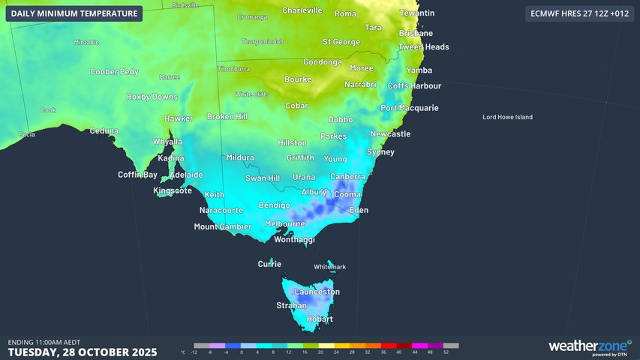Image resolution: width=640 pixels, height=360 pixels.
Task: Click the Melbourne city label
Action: (x=285, y=223)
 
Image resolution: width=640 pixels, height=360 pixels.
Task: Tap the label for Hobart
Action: (x=320, y=319)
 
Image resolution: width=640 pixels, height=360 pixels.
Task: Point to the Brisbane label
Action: (x=416, y=33)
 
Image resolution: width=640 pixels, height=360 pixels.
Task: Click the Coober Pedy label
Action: (x=114, y=72)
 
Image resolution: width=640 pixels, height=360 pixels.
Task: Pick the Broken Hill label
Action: (x=227, y=117)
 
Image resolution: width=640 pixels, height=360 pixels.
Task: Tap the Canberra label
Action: (x=347, y=177)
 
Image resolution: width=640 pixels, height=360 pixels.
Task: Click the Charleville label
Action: (x=302, y=10)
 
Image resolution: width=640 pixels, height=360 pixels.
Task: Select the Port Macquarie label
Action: (x=409, y=108)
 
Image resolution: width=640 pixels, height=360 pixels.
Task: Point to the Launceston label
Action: (x=317, y=292)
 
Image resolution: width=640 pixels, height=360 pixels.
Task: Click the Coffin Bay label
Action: (x=138, y=175)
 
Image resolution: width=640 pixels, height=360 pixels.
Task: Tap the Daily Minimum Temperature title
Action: (x=75, y=13)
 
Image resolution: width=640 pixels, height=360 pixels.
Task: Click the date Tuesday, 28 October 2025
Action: (x=83, y=352)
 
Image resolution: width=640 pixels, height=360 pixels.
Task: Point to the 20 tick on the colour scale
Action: (x=320, y=352)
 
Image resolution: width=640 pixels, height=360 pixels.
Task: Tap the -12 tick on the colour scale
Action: (x=194, y=352)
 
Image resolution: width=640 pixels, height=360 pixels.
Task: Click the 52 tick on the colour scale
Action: (x=446, y=352)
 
